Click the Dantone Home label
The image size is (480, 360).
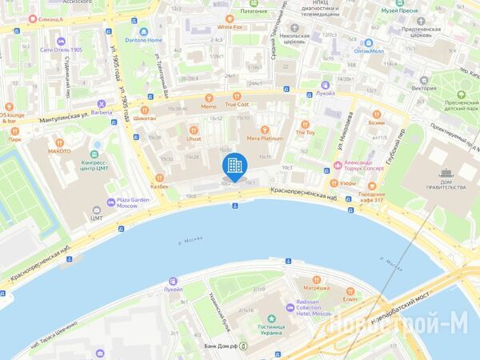click(x=144, y=40)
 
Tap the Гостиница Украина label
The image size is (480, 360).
click(x=274, y=330)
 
